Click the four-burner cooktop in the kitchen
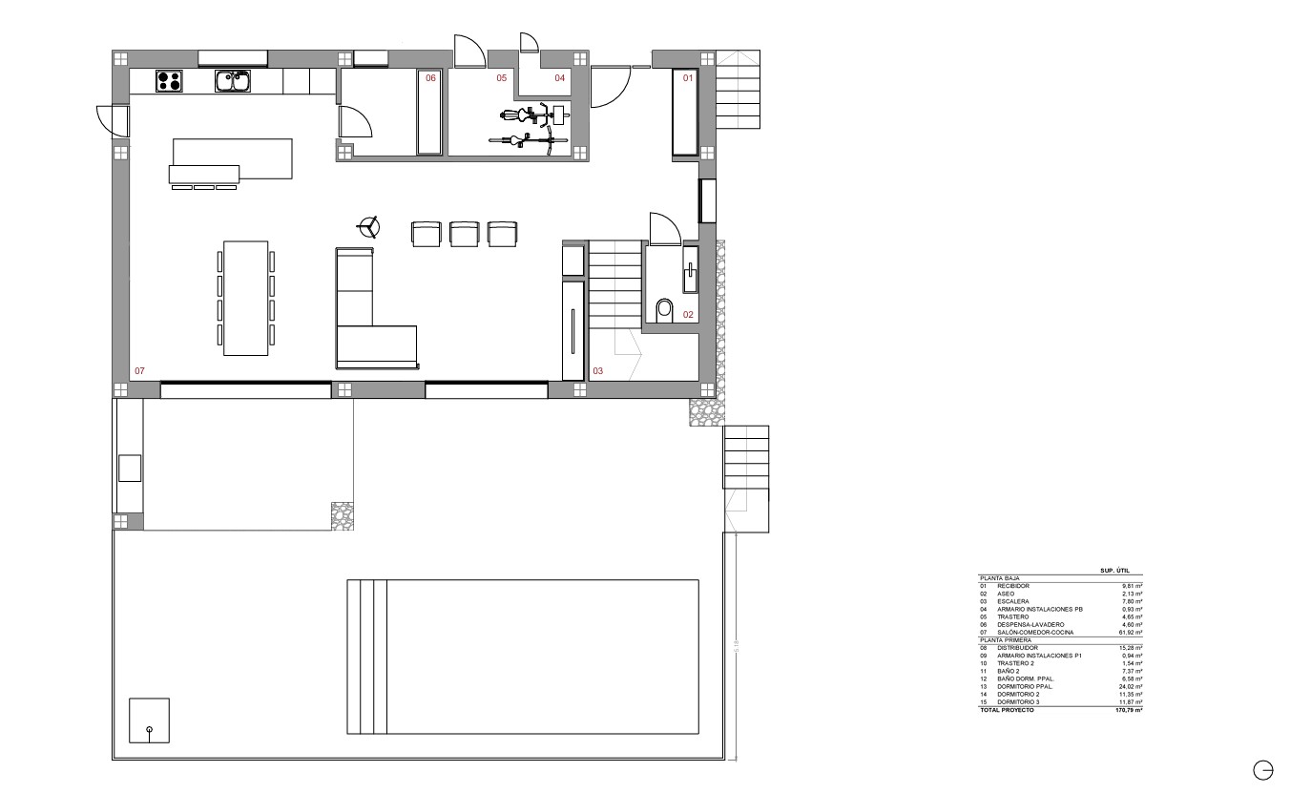(x=169, y=81)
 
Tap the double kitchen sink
(x=232, y=81)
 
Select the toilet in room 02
(x=665, y=309)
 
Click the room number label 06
(x=430, y=78)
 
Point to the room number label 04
(x=560, y=78)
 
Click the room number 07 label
(x=139, y=370)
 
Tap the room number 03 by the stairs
(x=598, y=370)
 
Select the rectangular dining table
(x=245, y=298)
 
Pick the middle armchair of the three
(x=464, y=234)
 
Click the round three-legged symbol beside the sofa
(x=367, y=227)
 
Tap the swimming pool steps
(x=367, y=657)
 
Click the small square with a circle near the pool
(x=149, y=720)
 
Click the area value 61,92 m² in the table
(x=1131, y=632)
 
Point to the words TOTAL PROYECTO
(x=1007, y=710)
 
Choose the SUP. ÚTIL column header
(x=1114, y=571)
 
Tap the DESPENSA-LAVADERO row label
(x=1031, y=624)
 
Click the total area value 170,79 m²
(x=1129, y=710)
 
